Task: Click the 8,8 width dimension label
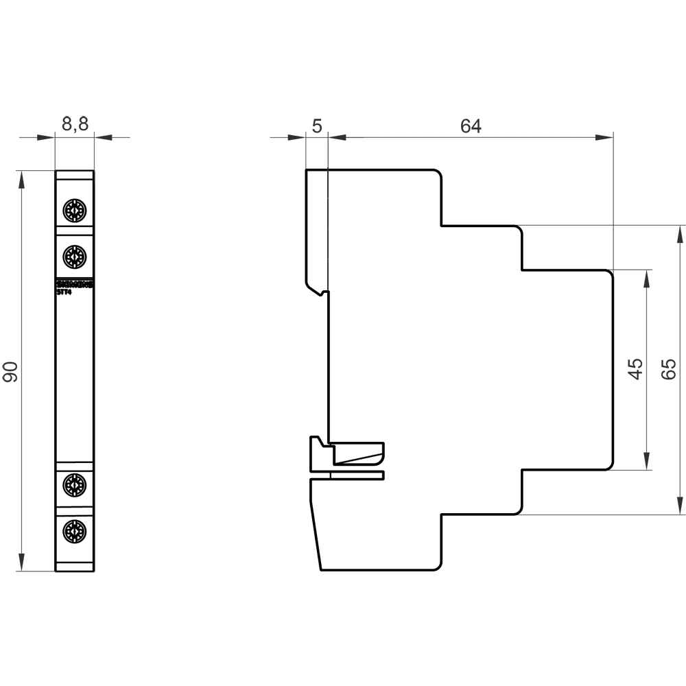click(x=75, y=124)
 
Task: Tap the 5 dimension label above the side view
click(x=316, y=126)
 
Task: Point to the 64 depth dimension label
click(x=471, y=126)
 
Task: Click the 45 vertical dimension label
click(x=635, y=369)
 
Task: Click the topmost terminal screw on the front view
click(x=74, y=210)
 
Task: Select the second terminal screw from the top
click(x=74, y=257)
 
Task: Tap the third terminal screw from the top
click(x=74, y=485)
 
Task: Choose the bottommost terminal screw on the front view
click(x=74, y=530)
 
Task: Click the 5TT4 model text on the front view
click(x=64, y=291)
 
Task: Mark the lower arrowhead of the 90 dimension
click(x=22, y=563)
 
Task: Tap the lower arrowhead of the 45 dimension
click(x=646, y=462)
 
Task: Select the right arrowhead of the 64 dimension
click(x=604, y=137)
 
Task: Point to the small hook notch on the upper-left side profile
click(x=322, y=293)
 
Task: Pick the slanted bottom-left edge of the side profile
click(x=316, y=535)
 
